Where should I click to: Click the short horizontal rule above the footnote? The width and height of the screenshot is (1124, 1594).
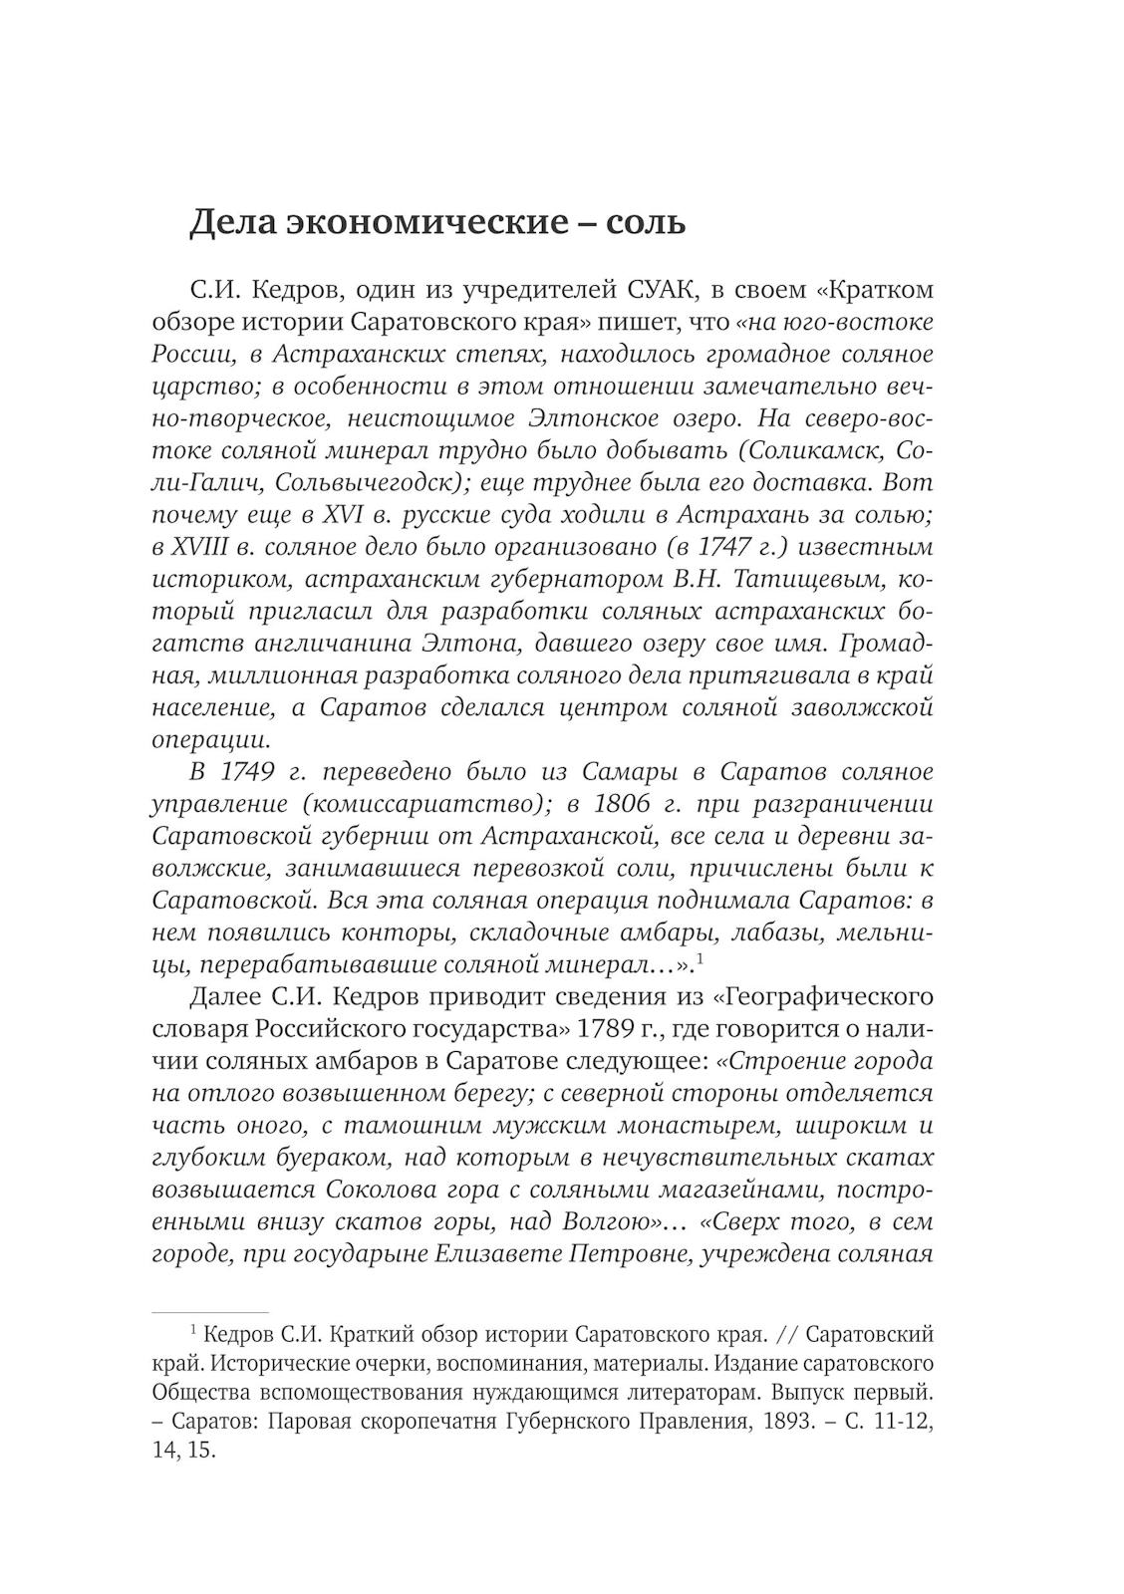tap(209, 1313)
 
